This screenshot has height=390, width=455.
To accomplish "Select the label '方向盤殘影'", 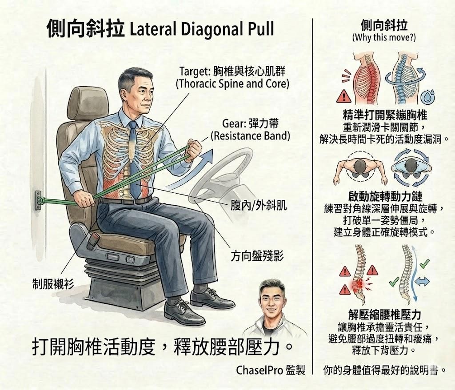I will [x=257, y=256].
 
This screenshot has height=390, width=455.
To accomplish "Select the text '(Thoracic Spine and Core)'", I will [x=232, y=84].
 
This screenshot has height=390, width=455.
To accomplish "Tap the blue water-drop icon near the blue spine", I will [x=430, y=95].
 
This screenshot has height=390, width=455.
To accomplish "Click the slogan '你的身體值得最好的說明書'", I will [x=385, y=370].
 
